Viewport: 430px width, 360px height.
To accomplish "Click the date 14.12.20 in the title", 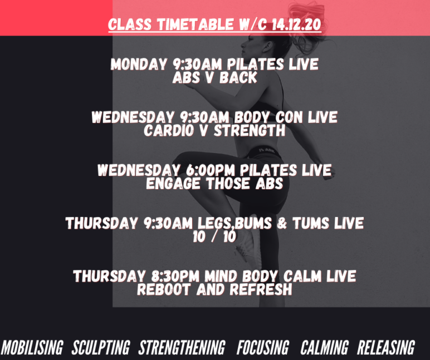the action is coord(296,24).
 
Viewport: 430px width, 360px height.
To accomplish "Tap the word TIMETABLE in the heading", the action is coord(196,24).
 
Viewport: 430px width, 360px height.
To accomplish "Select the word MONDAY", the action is coord(139,65).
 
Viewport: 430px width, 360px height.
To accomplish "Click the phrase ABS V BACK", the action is coord(215,77).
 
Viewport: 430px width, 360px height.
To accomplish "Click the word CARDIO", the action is coord(169,130).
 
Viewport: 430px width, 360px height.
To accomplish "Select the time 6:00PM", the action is coord(211,170).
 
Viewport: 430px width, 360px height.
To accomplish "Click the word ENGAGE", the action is coord(173,183).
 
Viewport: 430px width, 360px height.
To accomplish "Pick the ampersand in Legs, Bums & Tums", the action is coord(282,223).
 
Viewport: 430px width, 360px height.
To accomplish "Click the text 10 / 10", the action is coord(214,236).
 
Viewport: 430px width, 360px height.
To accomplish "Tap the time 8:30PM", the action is coord(175,276).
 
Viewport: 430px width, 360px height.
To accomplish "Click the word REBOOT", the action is coord(164,289).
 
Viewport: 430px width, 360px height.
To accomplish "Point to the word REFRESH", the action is coord(261,289).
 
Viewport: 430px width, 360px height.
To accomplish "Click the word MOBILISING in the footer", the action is coord(32,347).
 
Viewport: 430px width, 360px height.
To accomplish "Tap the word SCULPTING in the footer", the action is coord(101,347).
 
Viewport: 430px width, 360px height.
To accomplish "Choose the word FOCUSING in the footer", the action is coord(263,347).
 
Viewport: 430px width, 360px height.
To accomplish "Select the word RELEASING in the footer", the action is coord(386,347).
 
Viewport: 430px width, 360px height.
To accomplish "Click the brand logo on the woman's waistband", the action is coord(267,150).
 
